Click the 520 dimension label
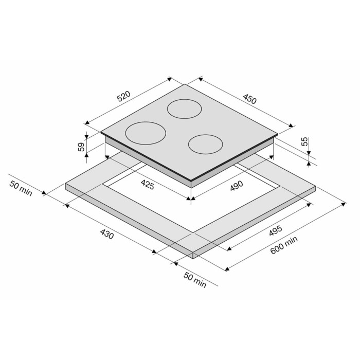(x=124, y=96)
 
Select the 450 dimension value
(x=249, y=99)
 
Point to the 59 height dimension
(x=81, y=147)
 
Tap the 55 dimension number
(x=304, y=141)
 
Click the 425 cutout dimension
(x=148, y=185)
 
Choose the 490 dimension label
(x=237, y=186)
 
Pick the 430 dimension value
(x=107, y=234)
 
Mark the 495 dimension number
(x=276, y=231)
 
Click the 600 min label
(x=284, y=245)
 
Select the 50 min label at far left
(x=21, y=189)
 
